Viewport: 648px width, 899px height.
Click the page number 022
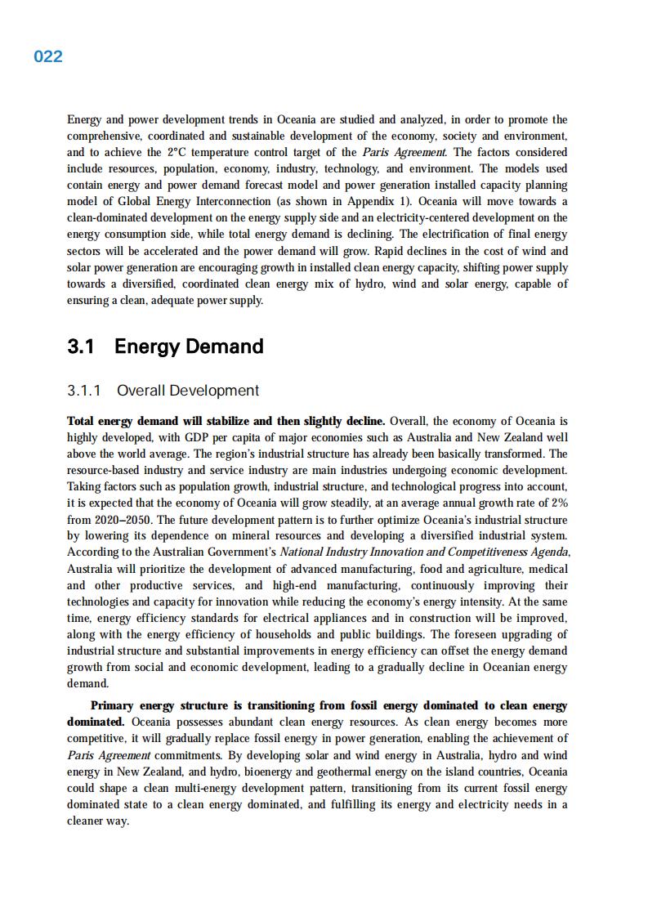pos(48,56)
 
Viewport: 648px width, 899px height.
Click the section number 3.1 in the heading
pos(81,347)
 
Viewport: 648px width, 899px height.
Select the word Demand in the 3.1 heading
pos(225,347)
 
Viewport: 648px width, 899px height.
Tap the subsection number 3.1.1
pos(88,391)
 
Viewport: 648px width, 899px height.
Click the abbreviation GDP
pos(205,438)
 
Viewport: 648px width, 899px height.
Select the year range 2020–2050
pos(124,520)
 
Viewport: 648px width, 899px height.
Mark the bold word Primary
pos(112,706)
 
